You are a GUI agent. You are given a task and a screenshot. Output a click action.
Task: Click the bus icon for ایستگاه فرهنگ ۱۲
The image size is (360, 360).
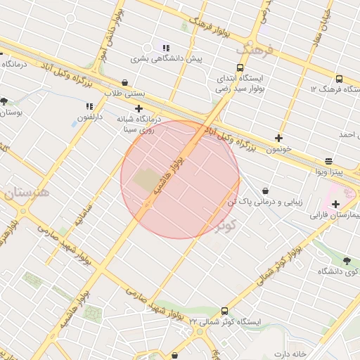click(x=339, y=79)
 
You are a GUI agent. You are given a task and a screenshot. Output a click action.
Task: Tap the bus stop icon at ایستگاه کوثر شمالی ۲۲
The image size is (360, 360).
click(x=224, y=310)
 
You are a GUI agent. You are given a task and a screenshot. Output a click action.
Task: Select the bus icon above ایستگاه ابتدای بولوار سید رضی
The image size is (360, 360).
click(x=240, y=68)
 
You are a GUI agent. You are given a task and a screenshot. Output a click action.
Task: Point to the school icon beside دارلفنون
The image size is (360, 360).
click(x=89, y=105)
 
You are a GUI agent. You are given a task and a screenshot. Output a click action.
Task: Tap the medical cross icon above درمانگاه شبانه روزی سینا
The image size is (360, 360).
click(x=139, y=108)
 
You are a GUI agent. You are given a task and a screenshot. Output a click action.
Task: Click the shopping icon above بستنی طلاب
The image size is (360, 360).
click(x=124, y=82)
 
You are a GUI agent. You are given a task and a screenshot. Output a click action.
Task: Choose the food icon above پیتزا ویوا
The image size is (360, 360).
click(x=328, y=161)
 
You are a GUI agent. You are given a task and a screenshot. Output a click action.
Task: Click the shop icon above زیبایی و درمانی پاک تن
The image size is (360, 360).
click(x=264, y=191)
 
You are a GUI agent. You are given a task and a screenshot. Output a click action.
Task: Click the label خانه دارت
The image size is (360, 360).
click(x=292, y=354)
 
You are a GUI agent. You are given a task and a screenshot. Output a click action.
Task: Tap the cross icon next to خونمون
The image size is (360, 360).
click(x=279, y=138)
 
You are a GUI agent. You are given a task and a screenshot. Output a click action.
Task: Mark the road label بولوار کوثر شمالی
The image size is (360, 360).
click(x=275, y=260)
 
